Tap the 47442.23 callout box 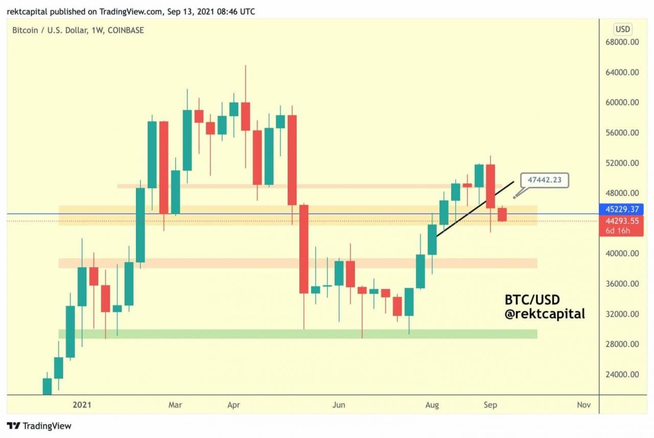[544, 180]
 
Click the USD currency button [622, 29]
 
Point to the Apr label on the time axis [233, 405]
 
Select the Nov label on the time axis [583, 405]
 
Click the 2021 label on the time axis [82, 405]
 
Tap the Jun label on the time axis [339, 405]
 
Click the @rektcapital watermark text [545, 314]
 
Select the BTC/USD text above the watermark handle [532, 299]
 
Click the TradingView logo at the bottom [39, 426]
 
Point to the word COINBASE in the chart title [125, 30]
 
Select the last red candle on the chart [502, 215]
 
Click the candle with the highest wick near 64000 [245, 116]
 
